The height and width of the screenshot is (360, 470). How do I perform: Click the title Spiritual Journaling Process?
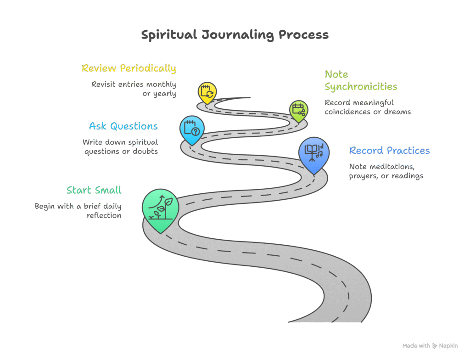click(x=235, y=35)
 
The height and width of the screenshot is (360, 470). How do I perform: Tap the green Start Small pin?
click(x=160, y=208)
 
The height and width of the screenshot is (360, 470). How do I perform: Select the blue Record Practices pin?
click(x=314, y=153)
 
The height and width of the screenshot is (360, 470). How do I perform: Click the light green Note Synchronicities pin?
click(x=299, y=110)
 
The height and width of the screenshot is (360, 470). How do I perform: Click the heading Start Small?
click(x=94, y=190)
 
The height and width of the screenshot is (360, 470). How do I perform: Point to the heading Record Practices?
click(x=389, y=151)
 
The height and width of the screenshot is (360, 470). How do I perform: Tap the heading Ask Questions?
click(x=123, y=126)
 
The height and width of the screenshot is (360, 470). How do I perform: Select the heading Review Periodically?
click(x=129, y=68)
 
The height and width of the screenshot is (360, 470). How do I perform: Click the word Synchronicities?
click(x=361, y=87)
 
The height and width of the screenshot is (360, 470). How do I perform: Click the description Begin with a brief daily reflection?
click(x=78, y=211)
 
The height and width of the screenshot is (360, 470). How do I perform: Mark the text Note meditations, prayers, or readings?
click(x=386, y=171)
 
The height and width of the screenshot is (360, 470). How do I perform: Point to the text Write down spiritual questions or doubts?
click(x=120, y=146)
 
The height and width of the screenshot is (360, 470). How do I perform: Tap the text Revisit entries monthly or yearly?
click(x=134, y=89)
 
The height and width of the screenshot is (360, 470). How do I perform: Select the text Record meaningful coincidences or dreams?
click(x=368, y=107)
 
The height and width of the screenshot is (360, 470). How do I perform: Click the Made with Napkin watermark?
click(x=430, y=346)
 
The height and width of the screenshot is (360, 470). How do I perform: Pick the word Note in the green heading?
click(x=336, y=74)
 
